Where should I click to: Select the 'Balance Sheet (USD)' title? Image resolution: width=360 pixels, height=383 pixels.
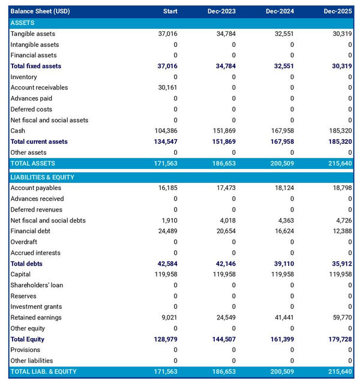click(40, 11)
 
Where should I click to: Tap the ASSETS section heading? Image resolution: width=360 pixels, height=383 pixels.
click(22, 23)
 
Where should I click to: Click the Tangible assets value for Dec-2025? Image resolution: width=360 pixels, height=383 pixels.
click(340, 34)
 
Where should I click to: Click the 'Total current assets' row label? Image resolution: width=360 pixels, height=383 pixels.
click(39, 141)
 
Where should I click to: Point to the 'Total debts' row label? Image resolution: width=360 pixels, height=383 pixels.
click(26, 264)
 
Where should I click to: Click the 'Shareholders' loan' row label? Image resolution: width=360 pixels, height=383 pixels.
click(37, 285)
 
